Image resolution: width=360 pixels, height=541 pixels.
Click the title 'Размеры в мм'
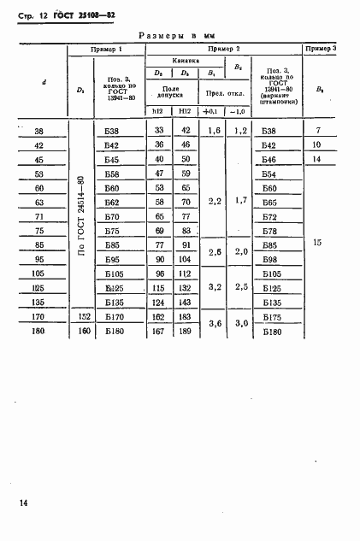(180, 35)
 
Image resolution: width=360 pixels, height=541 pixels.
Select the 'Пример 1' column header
(107, 50)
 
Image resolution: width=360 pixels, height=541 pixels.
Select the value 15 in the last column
(318, 244)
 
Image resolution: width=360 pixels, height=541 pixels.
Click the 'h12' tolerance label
(156, 112)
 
